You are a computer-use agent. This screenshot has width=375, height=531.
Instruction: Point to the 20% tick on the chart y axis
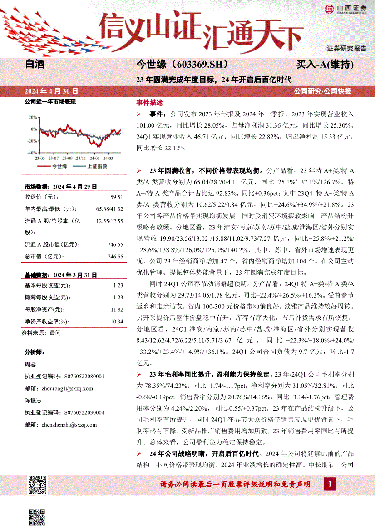[x=33, y=117]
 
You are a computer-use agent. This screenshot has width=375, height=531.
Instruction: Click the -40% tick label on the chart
[x=32, y=153]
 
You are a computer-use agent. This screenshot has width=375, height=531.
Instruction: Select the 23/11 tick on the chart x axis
[x=81, y=158]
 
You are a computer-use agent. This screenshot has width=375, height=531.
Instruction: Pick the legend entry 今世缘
[x=59, y=166]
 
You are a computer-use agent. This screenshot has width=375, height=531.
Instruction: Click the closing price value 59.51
[x=117, y=197]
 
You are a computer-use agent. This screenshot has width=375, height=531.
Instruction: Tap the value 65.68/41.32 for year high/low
[x=110, y=209]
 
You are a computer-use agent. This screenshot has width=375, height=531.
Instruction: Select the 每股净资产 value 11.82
[x=117, y=310]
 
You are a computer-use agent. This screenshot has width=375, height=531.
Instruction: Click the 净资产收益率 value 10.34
[x=117, y=322]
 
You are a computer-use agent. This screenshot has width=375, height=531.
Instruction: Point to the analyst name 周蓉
[x=30, y=364]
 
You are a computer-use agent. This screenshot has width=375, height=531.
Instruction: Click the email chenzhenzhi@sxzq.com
[x=69, y=425]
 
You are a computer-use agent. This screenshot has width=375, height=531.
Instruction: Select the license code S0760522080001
[x=84, y=377]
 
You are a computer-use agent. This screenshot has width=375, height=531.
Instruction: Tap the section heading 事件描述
[x=149, y=103]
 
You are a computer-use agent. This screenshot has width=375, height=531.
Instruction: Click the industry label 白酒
[x=35, y=65]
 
